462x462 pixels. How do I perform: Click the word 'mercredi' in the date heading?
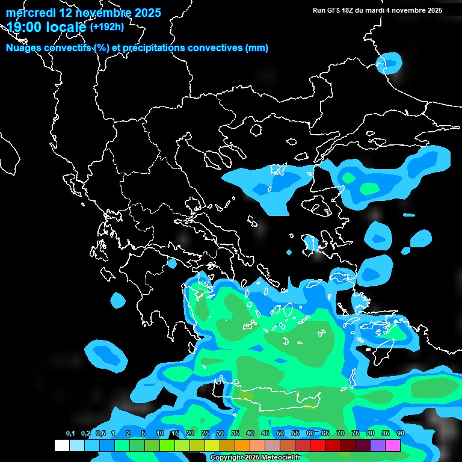28,13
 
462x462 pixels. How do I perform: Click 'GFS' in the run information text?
334,10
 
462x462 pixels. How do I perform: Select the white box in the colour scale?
62,446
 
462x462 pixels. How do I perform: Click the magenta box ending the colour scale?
393,446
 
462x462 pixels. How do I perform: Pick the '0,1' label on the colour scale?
70,434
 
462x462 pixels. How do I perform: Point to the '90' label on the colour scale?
401,434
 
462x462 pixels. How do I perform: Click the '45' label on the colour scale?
265,434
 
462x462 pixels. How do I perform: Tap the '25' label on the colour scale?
205,434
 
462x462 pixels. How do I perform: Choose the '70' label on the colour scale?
340,434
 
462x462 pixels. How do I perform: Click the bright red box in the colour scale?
318,446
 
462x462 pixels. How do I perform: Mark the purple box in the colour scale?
378,446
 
